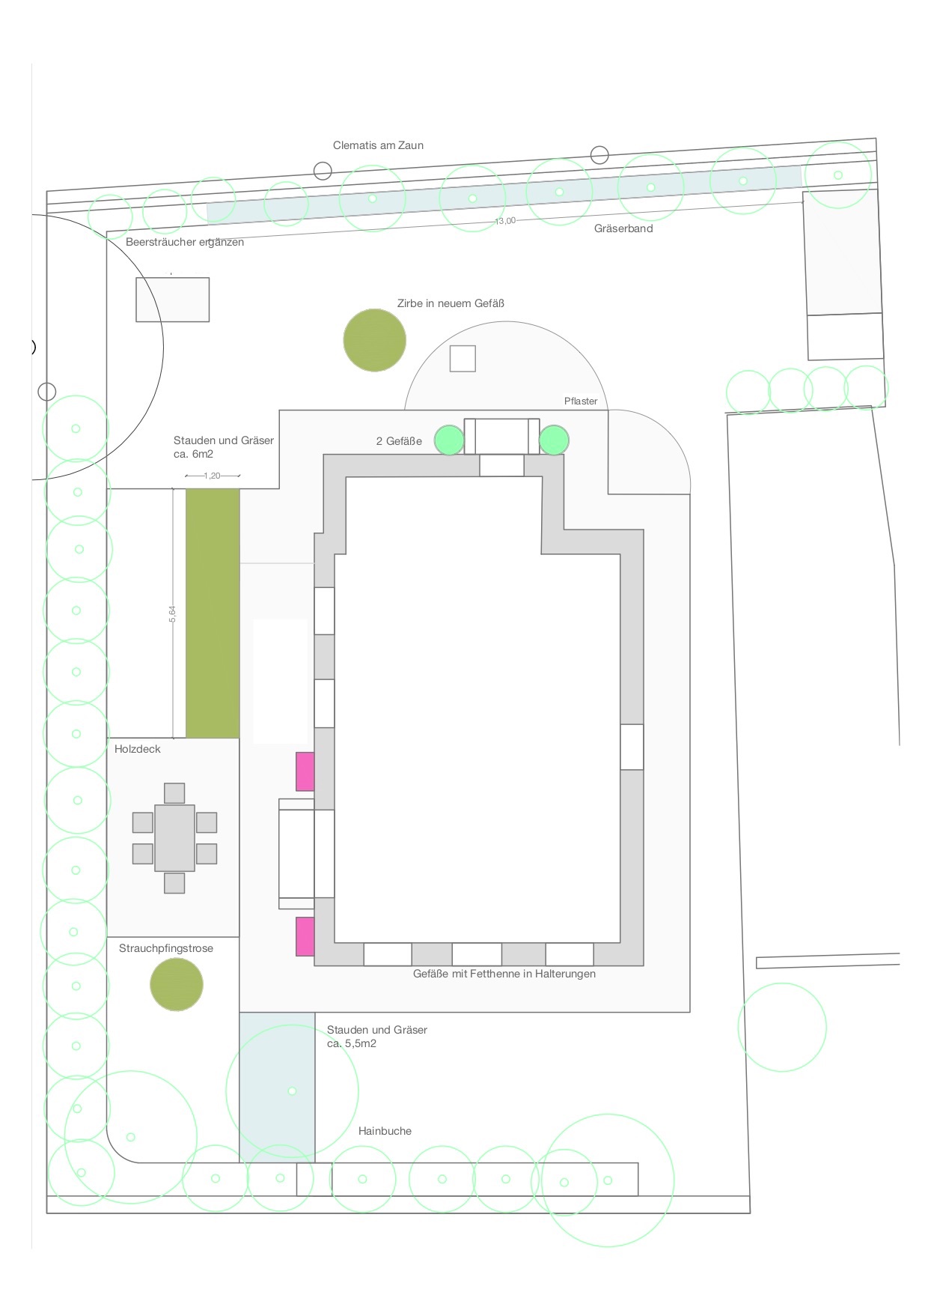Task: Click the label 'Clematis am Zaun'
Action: coord(378,145)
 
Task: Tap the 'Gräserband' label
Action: coord(623,228)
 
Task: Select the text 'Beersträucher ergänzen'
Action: coord(185,242)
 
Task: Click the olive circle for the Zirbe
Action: coord(374,340)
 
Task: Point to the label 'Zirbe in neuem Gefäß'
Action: coord(451,303)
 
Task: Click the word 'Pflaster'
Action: coord(581,401)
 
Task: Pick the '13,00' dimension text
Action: coord(505,221)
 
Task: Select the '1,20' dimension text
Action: coord(213,476)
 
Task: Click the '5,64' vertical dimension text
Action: coord(172,614)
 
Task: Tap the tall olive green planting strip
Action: coord(213,613)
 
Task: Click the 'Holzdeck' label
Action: coord(138,749)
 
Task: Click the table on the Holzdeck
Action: coord(174,838)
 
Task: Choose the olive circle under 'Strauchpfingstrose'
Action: coord(177,984)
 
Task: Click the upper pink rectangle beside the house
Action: coord(305,771)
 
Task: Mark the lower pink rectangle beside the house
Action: coord(305,936)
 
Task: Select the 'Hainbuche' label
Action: coord(385,1131)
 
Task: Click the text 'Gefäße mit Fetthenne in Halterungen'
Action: coord(504,974)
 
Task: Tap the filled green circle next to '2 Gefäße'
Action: coord(450,440)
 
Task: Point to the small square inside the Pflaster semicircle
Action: coord(463,359)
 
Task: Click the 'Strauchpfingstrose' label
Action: coord(166,948)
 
